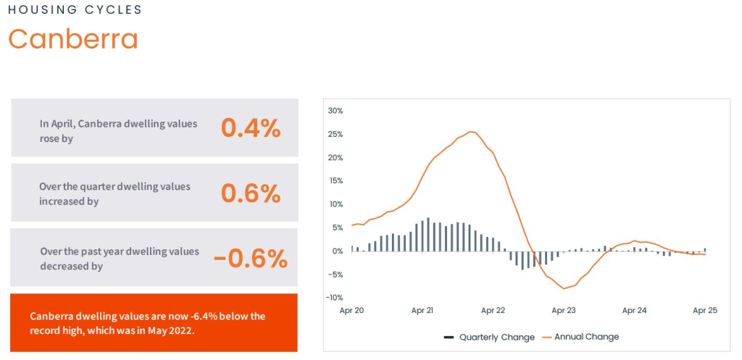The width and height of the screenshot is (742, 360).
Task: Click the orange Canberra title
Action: pyautogui.click(x=72, y=39)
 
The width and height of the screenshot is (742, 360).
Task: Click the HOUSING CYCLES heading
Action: pyautogui.click(x=75, y=10)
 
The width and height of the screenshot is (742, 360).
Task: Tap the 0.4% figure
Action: pyautogui.click(x=250, y=128)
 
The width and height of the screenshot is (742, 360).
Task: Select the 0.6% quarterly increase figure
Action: pyautogui.click(x=250, y=193)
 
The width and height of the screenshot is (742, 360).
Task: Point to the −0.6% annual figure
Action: pyautogui.click(x=250, y=259)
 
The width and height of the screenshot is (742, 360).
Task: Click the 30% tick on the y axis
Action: pyautogui.click(x=335, y=111)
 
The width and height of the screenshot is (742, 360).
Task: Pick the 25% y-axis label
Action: pyautogui.click(x=335, y=134)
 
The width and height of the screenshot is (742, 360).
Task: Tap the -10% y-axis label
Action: pyautogui.click(x=334, y=298)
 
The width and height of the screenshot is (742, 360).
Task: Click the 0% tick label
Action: pyautogui.click(x=337, y=251)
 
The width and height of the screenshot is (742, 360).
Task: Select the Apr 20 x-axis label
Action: pyautogui.click(x=351, y=311)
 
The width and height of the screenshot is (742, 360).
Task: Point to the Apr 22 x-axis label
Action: pyautogui.click(x=493, y=311)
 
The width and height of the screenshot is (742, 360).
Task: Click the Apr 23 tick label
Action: pyautogui.click(x=563, y=311)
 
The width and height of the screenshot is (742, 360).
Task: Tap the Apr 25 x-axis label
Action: pyautogui.click(x=704, y=311)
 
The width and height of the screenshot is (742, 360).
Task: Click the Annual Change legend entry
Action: pyautogui.click(x=585, y=337)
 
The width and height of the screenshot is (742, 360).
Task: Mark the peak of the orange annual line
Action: pyautogui.click(x=471, y=132)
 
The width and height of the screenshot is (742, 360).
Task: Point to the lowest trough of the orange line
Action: pyautogui.click(x=564, y=288)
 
